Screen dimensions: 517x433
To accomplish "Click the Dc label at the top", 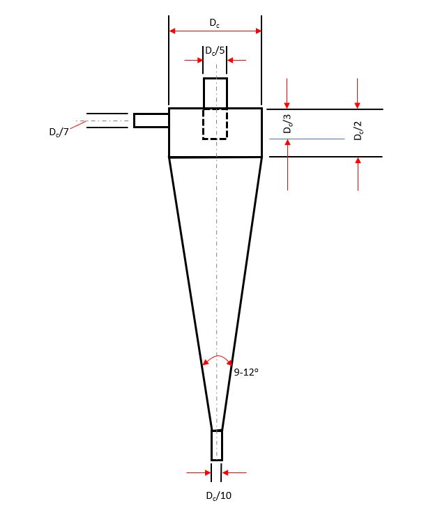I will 215,22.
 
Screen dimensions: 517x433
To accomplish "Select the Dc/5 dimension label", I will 215,50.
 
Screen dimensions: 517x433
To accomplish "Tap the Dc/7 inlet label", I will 59,132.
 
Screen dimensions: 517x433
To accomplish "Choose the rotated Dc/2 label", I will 358,131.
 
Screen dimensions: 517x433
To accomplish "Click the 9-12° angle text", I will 246,372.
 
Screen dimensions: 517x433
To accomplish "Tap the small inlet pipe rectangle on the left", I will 151,120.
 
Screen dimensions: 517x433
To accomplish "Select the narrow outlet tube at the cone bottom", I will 217,445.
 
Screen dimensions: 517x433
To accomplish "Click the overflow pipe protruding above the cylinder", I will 215,93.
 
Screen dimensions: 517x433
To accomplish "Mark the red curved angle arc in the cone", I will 217,357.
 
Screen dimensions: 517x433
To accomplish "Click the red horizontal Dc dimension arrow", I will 215,31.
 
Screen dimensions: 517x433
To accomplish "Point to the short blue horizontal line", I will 307,139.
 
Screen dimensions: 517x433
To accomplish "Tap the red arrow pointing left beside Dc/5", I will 237,60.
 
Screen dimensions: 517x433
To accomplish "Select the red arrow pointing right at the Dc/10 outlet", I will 199,473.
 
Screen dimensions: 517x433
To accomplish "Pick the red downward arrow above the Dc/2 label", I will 358,93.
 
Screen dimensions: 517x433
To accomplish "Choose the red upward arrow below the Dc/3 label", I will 287,164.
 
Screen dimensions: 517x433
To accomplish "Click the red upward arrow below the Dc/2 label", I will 358,174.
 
